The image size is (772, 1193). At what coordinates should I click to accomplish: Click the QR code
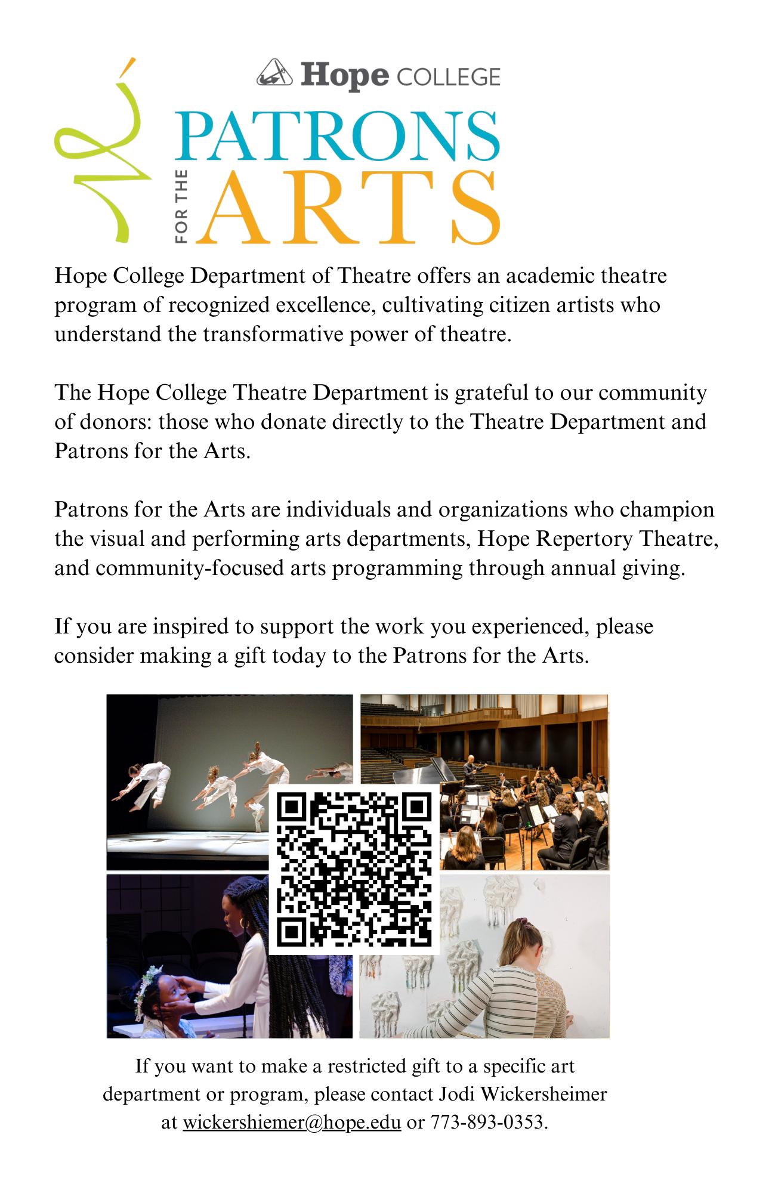click(x=354, y=870)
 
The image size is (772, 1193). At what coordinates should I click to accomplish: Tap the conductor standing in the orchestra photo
click(x=471, y=772)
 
